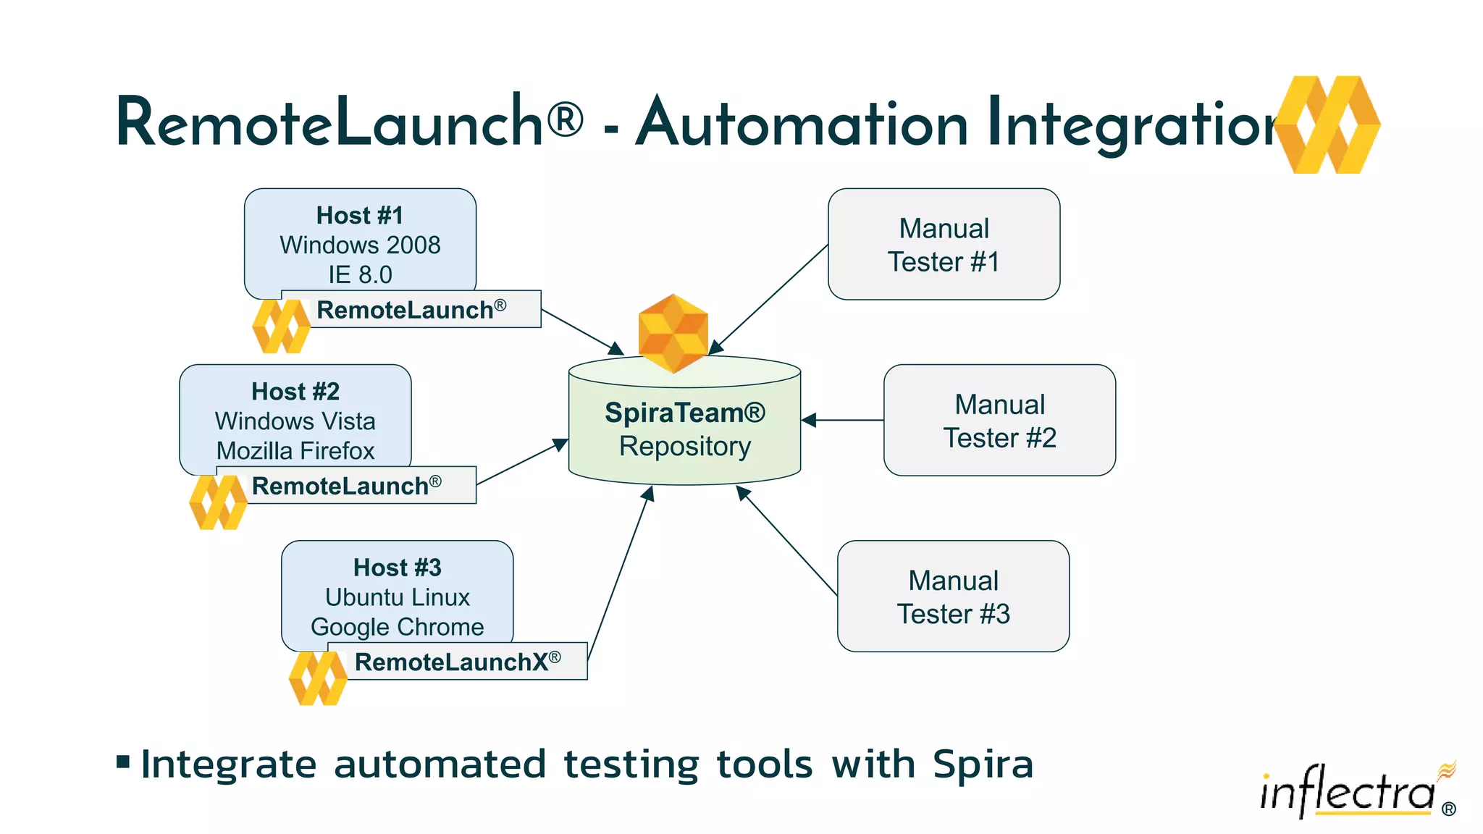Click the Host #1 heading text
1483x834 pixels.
(360, 215)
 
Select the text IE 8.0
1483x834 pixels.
(360, 274)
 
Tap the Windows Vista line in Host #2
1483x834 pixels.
(295, 421)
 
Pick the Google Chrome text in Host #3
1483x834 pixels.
(397, 626)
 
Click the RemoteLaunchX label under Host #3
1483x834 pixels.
(456, 662)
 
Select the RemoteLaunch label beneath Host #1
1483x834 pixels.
(411, 310)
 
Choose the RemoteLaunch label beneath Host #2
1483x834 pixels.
(345, 486)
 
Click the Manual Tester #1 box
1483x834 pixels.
(944, 245)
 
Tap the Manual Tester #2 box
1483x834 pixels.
(999, 421)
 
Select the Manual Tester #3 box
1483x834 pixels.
(953, 597)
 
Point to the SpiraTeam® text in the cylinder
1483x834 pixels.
(684, 413)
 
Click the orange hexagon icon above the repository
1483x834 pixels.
(673, 333)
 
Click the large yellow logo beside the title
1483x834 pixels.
(1327, 125)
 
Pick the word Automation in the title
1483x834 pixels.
(802, 123)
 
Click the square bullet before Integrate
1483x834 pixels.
(123, 762)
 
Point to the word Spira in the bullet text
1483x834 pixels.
(983, 764)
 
